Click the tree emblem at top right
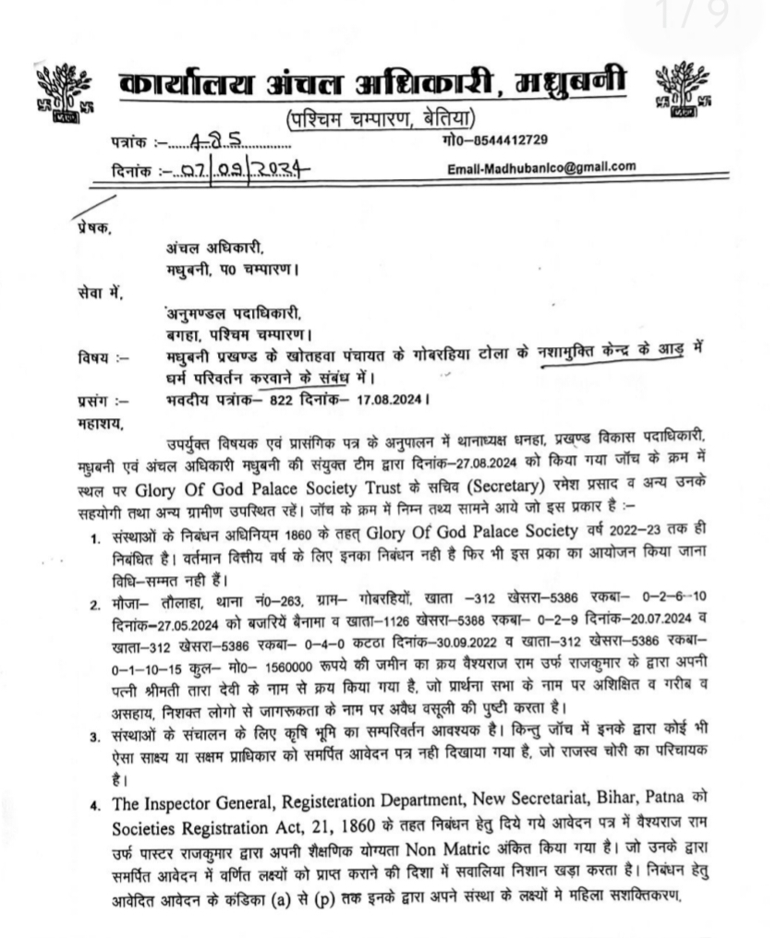686,91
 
